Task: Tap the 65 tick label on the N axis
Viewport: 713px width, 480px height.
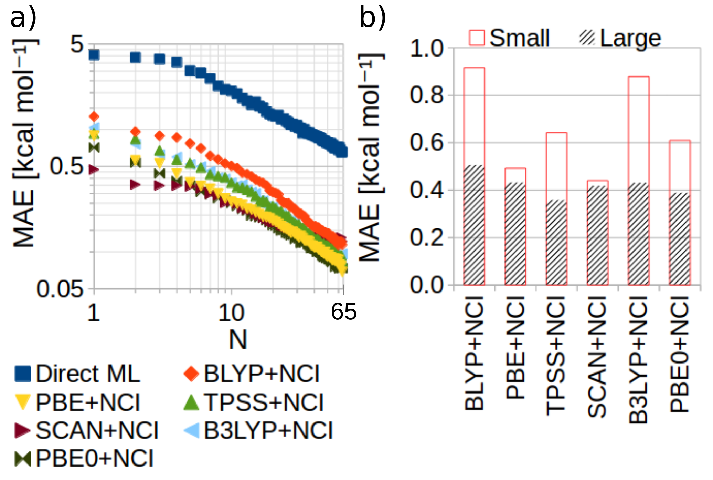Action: click(343, 312)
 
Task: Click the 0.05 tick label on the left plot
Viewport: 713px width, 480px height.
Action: click(60, 289)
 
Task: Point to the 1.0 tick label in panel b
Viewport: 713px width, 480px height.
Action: click(427, 48)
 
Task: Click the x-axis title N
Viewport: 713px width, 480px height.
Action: click(238, 340)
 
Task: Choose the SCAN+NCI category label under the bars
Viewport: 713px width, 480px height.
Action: click(597, 357)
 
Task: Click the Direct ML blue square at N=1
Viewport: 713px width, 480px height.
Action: click(94, 54)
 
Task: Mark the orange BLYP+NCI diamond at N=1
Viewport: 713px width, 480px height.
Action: click(94, 116)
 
